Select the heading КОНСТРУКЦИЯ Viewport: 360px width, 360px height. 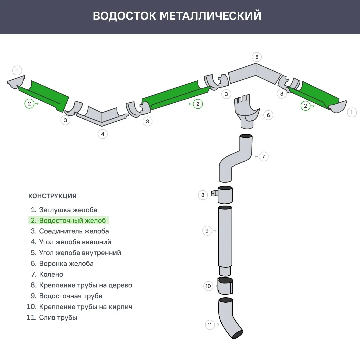tap(52, 196)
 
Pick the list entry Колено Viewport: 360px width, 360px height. tap(51, 274)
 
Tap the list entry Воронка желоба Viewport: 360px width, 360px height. tap(66, 263)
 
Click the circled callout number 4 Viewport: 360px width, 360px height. tap(103, 134)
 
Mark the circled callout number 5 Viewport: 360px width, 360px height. tap(256, 57)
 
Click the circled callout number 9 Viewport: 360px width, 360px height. tap(207, 230)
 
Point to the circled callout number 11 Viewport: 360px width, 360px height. tap(209, 325)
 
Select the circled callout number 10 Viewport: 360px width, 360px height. tap(208, 286)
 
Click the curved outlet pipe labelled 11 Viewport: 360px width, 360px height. tap(230, 317)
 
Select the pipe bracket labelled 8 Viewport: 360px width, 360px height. tap(224, 195)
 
